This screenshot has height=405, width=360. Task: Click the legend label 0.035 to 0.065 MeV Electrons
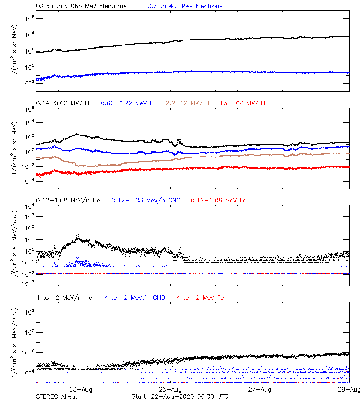point(81,6)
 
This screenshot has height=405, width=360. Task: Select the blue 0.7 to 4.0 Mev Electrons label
point(185,6)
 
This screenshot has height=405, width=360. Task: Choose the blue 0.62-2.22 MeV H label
point(127,103)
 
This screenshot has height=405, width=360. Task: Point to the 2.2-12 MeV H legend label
point(188,103)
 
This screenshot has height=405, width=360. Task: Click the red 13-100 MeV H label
point(243,103)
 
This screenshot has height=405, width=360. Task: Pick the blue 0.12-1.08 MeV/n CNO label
point(146,200)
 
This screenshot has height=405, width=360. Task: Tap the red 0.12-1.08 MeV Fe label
point(219,200)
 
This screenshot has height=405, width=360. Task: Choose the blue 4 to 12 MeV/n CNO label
point(135,298)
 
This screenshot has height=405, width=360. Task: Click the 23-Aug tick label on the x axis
point(81,389)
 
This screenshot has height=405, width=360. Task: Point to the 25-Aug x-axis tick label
point(170,389)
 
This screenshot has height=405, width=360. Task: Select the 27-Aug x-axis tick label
point(260,389)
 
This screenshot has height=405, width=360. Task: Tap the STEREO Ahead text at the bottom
point(57,396)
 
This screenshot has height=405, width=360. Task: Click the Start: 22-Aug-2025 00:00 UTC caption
point(180,396)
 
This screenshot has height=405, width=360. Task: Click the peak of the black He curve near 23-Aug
point(77,236)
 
